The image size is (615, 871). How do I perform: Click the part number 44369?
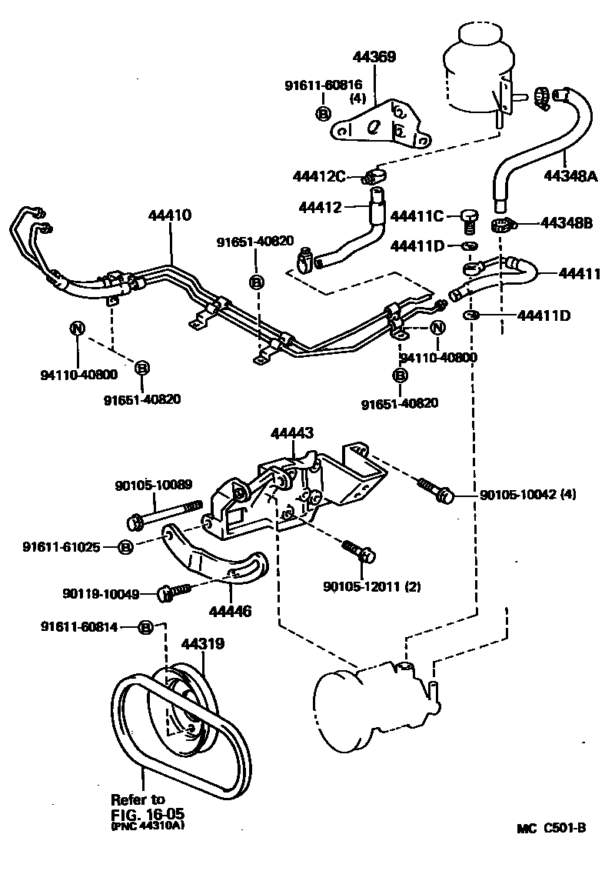(x=374, y=56)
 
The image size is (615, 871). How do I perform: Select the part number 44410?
(x=170, y=215)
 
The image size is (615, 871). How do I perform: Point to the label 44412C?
(x=319, y=176)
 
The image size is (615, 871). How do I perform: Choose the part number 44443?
(x=291, y=434)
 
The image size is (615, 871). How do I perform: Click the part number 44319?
(x=203, y=643)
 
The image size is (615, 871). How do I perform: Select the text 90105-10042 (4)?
(x=528, y=494)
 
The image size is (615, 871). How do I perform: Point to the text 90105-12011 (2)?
(x=365, y=588)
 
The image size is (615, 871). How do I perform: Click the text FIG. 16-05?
(x=148, y=813)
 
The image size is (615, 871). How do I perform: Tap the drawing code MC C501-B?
(x=551, y=828)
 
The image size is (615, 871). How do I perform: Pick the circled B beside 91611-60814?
(x=145, y=627)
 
